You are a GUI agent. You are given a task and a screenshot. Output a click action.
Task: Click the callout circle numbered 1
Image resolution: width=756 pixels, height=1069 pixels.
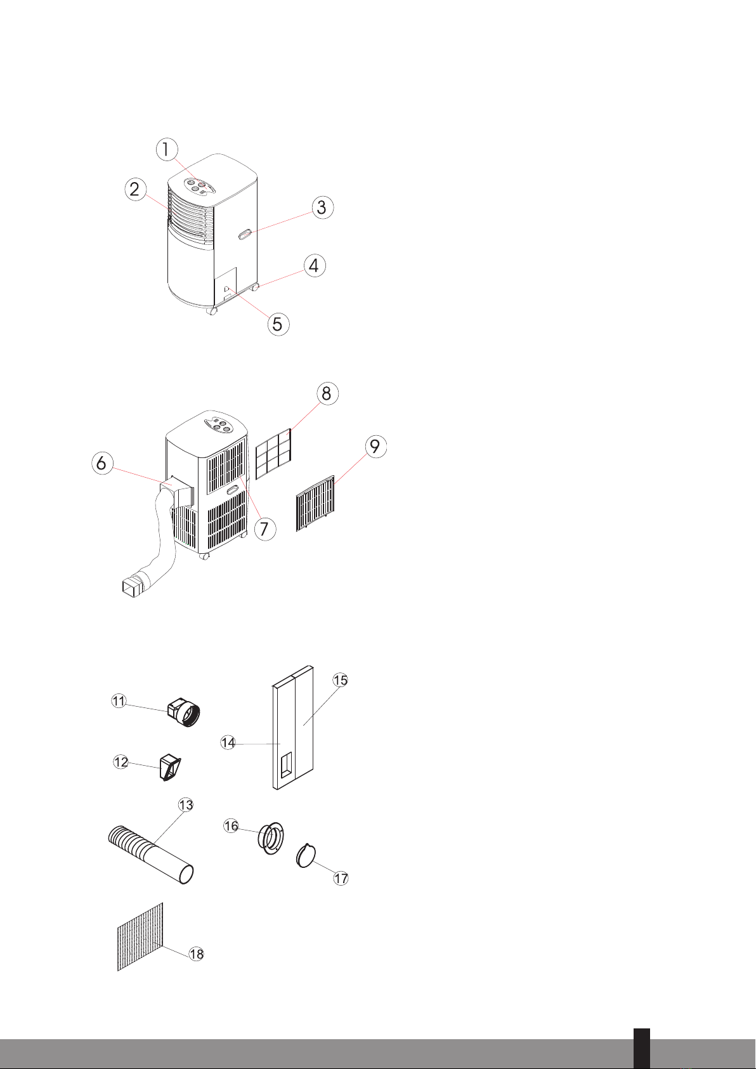pyautogui.click(x=166, y=150)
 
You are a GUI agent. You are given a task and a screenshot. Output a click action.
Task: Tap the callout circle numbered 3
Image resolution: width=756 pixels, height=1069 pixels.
pyautogui.click(x=322, y=207)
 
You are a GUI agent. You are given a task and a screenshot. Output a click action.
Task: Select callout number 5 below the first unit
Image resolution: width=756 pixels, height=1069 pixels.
pyautogui.click(x=277, y=323)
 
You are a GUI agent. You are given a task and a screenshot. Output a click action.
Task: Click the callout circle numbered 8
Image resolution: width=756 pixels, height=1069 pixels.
pyautogui.click(x=326, y=393)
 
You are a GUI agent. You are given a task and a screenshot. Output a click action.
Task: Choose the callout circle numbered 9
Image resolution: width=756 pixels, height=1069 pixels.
pyautogui.click(x=375, y=447)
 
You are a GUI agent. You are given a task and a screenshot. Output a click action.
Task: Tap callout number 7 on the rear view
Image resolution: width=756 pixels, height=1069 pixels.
pyautogui.click(x=264, y=528)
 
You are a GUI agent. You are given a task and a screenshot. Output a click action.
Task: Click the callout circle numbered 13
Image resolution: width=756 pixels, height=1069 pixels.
pyautogui.click(x=186, y=804)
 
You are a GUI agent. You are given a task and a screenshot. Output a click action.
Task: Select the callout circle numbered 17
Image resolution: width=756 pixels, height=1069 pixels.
pyautogui.click(x=341, y=878)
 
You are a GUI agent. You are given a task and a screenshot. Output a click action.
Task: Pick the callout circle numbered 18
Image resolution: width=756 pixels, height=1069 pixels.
pyautogui.click(x=197, y=954)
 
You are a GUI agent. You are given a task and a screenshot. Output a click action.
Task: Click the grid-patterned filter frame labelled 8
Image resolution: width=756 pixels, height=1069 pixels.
pyautogui.click(x=273, y=453)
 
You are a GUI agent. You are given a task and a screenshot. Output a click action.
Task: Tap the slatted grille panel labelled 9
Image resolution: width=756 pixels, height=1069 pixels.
pyautogui.click(x=315, y=504)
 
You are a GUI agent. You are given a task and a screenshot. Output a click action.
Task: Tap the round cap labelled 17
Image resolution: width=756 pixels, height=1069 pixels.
pyautogui.click(x=306, y=856)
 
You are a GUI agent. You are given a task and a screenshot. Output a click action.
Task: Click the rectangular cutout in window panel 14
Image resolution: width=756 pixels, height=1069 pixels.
pyautogui.click(x=286, y=766)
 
